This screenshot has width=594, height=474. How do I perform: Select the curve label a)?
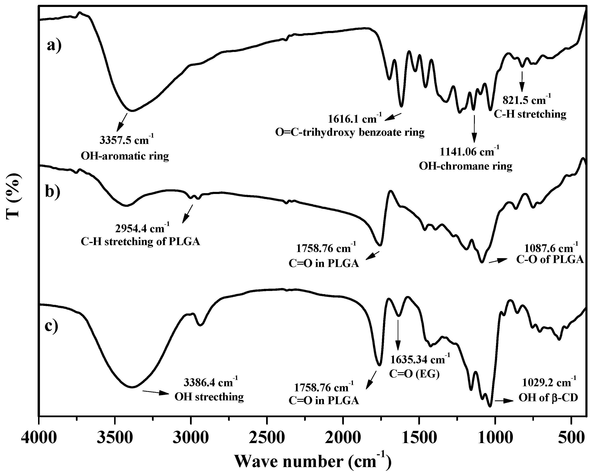tap(54, 45)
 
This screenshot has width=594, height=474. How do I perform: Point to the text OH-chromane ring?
tap(465, 166)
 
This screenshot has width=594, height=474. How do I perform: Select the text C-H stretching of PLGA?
tap(140, 242)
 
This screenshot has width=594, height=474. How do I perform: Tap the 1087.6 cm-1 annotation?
tap(550, 248)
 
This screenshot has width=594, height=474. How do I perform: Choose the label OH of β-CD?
tap(548, 397)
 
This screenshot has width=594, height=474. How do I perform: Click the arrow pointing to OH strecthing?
tap(155, 392)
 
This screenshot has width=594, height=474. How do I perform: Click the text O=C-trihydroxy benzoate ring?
tap(350, 132)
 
